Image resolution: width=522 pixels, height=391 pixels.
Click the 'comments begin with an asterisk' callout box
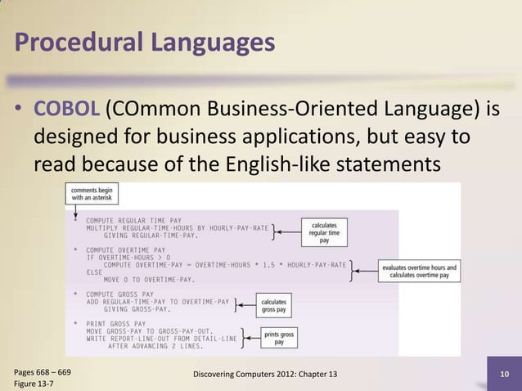(92, 193)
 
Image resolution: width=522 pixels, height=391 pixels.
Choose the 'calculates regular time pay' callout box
(324, 231)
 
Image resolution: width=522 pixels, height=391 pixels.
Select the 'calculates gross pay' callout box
(273, 306)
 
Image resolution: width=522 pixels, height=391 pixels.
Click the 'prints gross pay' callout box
(279, 336)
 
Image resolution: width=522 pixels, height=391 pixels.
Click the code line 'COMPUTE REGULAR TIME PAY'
(133, 220)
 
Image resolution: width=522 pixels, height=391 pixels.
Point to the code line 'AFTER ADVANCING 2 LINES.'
(155, 345)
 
